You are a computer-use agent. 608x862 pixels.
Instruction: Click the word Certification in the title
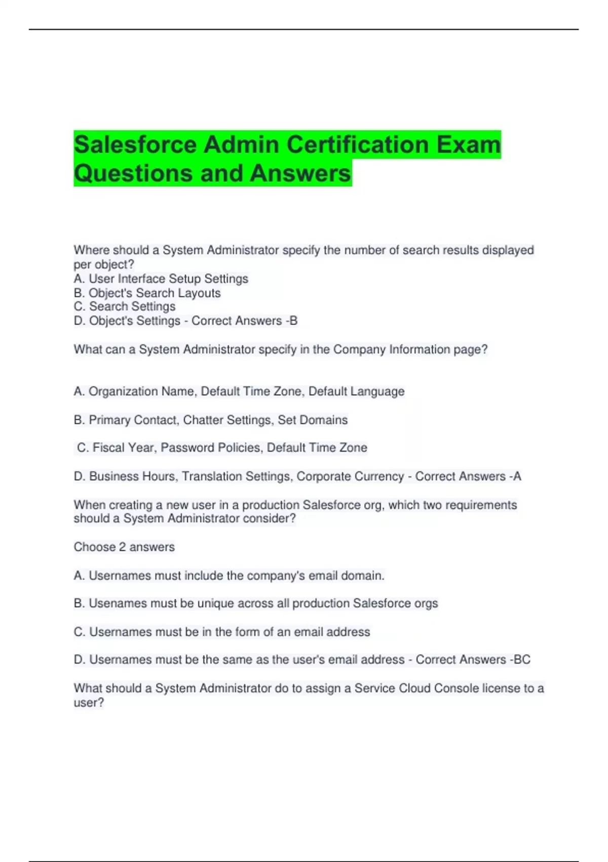(358, 145)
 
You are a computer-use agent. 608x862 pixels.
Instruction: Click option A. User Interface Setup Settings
(161, 279)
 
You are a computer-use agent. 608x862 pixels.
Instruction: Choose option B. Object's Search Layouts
(147, 293)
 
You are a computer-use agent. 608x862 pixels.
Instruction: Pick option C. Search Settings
(125, 307)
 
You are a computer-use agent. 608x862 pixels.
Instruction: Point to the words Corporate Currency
(350, 476)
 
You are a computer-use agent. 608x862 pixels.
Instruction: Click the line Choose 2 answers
(124, 547)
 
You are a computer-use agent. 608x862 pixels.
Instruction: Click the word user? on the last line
(89, 703)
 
